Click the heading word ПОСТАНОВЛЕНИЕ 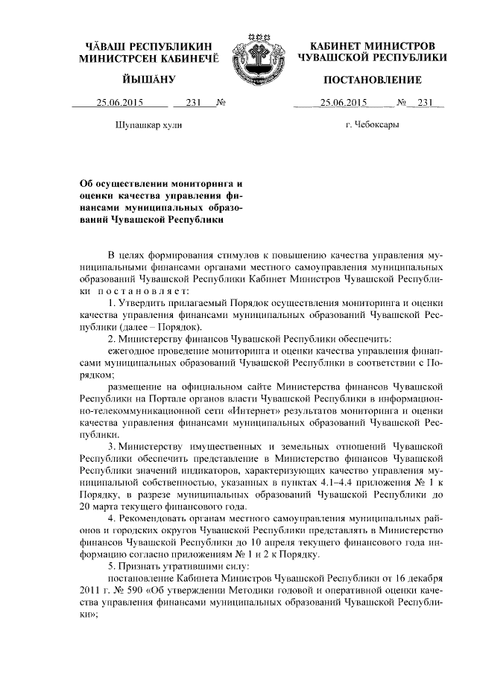click(x=372, y=80)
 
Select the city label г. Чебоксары click(x=373, y=124)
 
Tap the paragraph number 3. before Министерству click(x=112, y=447)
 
